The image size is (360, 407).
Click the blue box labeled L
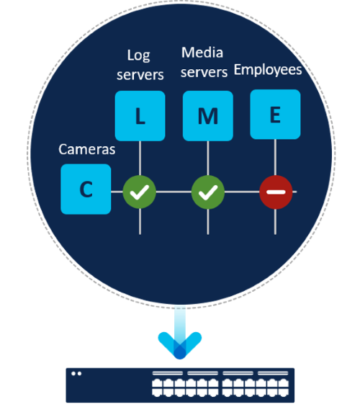click(x=140, y=116)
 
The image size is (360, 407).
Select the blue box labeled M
click(x=208, y=116)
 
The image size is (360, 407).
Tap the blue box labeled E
click(x=275, y=115)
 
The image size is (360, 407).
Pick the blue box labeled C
click(x=86, y=189)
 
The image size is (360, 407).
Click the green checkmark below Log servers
click(x=139, y=192)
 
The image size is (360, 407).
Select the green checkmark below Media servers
click(x=208, y=192)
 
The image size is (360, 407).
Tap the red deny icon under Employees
click(x=276, y=192)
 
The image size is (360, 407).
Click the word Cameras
click(x=87, y=149)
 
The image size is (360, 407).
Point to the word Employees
click(x=268, y=70)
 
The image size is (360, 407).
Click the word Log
click(x=138, y=55)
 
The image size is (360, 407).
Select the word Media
click(x=202, y=53)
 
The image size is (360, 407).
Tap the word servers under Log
click(x=140, y=75)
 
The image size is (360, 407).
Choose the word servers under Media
click(x=204, y=72)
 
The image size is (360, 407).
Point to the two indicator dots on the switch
click(x=76, y=374)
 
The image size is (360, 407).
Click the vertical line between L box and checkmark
click(x=140, y=158)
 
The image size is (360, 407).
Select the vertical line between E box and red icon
click(x=275, y=157)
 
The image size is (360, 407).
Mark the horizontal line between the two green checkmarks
click(x=174, y=192)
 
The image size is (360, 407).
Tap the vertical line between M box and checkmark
click(x=208, y=158)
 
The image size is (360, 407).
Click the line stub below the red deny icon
click(x=275, y=221)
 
